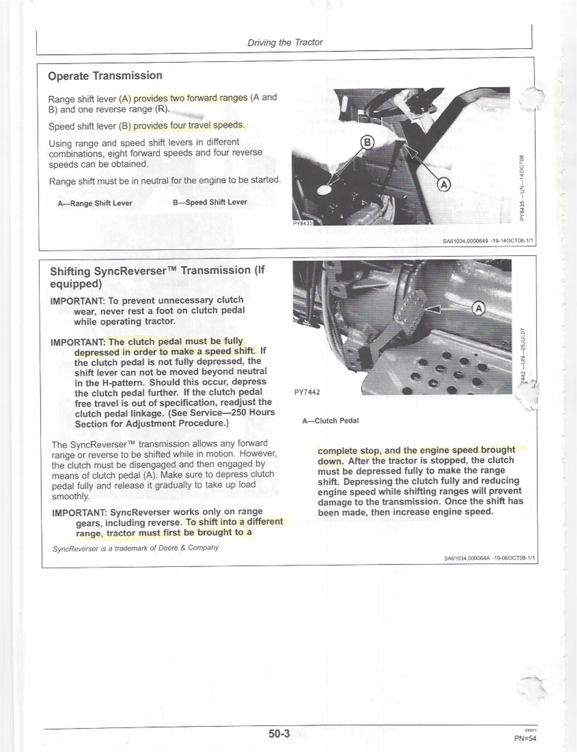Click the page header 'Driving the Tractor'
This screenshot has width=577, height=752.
click(x=285, y=42)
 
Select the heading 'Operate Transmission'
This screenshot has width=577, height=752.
click(x=105, y=76)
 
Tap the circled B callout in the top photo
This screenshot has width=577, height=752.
click(x=367, y=143)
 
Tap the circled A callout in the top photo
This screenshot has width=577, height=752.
click(x=444, y=184)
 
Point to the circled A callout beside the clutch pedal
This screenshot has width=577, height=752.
click(x=479, y=308)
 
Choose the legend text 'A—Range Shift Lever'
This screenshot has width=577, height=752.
click(x=95, y=203)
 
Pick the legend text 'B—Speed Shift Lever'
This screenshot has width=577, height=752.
click(x=210, y=202)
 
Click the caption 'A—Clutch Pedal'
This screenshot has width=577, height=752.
click(x=330, y=420)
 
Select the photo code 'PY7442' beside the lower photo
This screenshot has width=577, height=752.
click(x=308, y=392)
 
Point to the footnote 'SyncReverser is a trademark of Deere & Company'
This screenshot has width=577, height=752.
click(x=136, y=547)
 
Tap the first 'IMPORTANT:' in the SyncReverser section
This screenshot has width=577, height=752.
click(x=77, y=301)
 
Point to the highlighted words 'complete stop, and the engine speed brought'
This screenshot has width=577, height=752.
click(x=416, y=450)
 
